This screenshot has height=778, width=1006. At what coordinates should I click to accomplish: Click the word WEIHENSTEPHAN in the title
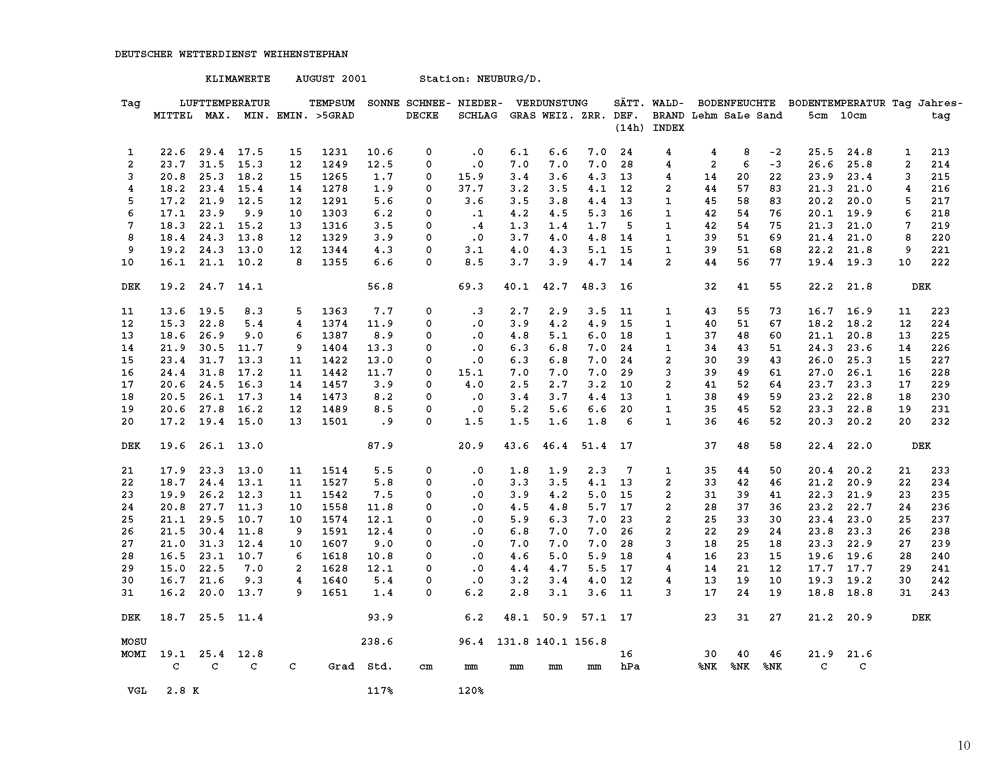pyautogui.click(x=305, y=54)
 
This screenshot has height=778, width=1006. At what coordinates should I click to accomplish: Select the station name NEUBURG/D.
pyautogui.click(x=509, y=79)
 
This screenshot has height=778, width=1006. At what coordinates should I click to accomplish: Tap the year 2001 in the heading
pyautogui.click(x=354, y=79)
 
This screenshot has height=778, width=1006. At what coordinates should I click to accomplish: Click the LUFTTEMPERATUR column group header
pyautogui.click(x=225, y=103)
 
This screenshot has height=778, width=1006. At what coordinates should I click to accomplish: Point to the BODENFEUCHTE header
pyautogui.click(x=736, y=103)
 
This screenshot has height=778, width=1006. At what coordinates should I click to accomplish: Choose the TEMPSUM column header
pyautogui.click(x=332, y=103)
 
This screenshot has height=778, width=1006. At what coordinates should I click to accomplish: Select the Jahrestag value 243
pyautogui.click(x=940, y=593)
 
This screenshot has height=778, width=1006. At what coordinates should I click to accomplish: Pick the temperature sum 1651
pyautogui.click(x=334, y=593)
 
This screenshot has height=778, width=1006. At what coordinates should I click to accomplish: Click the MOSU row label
pyautogui.click(x=134, y=642)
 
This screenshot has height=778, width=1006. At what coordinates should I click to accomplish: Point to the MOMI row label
pyautogui.click(x=134, y=654)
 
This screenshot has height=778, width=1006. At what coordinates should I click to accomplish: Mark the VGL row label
pyautogui.click(x=137, y=691)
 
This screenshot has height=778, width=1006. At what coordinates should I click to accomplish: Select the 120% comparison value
pyautogui.click(x=470, y=691)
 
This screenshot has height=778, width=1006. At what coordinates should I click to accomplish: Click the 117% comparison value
pyautogui.click(x=380, y=691)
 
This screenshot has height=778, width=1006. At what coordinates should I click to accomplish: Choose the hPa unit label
pyautogui.click(x=630, y=666)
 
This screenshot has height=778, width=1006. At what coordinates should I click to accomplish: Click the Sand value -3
pyautogui.click(x=775, y=165)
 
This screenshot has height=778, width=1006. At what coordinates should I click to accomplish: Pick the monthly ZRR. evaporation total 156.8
pyautogui.click(x=590, y=642)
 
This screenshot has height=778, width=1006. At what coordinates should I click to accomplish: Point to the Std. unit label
pyautogui.click(x=380, y=666)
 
